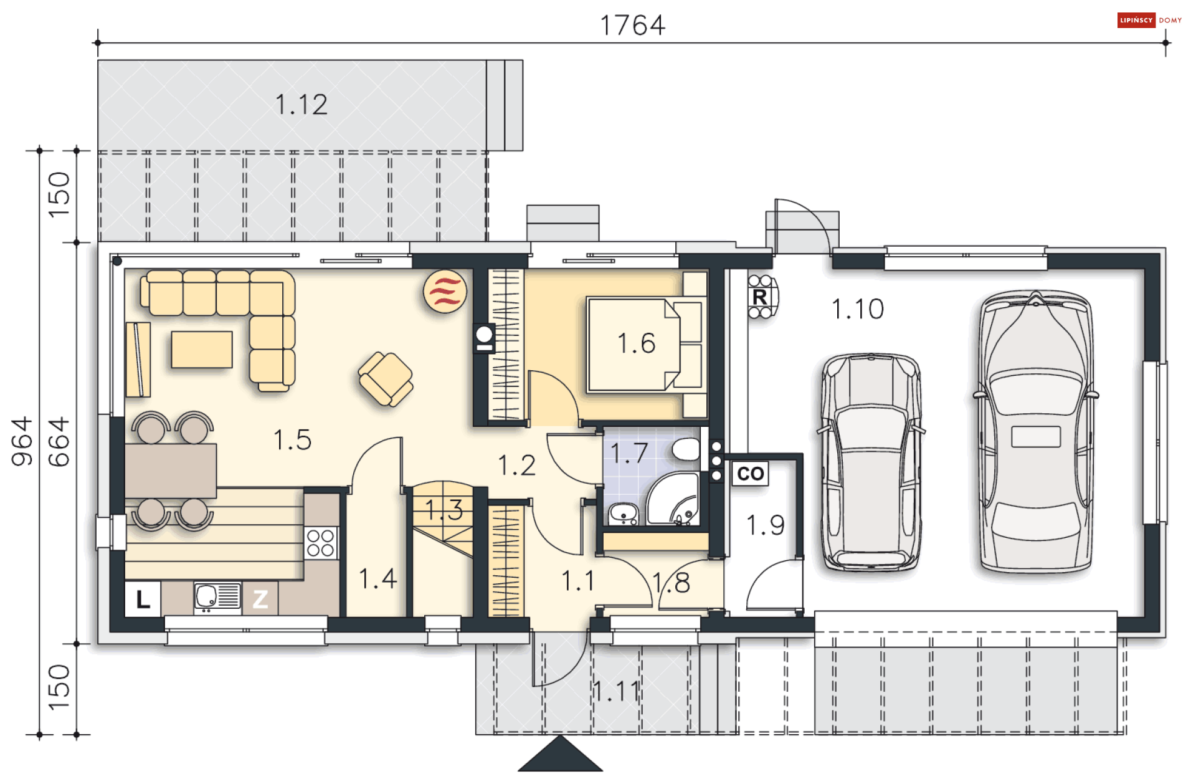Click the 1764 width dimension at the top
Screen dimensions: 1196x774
tap(632, 26)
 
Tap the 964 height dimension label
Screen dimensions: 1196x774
tap(22, 441)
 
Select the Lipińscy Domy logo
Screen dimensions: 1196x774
tap(1149, 21)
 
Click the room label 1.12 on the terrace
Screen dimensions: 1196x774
tap(301, 105)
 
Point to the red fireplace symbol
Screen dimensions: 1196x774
tap(445, 291)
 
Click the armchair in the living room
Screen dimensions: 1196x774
tap(386, 379)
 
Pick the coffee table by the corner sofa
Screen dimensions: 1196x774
tap(202, 350)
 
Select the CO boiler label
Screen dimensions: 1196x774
tap(751, 474)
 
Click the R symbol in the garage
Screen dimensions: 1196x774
tap(760, 297)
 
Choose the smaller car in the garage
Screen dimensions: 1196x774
tap(871, 462)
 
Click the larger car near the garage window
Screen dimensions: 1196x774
tap(1036, 431)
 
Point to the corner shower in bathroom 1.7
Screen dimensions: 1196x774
tap(673, 499)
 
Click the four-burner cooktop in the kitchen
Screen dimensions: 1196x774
tap(321, 543)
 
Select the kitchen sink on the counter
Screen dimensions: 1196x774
tap(217, 597)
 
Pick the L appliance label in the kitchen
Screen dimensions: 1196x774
tap(143, 600)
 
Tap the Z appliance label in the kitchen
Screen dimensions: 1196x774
tap(260, 600)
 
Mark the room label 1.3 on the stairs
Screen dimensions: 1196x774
tap(445, 510)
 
